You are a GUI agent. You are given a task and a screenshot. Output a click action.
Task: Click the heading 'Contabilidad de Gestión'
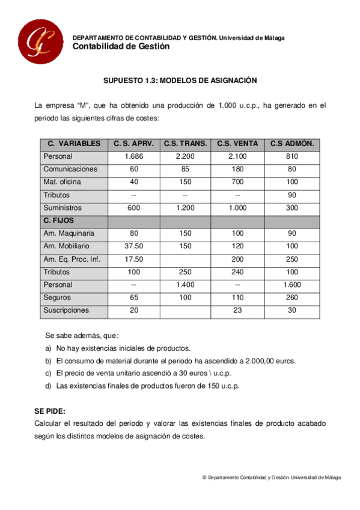click(121, 46)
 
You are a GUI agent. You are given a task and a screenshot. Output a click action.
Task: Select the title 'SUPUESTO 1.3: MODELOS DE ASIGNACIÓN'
click(180, 80)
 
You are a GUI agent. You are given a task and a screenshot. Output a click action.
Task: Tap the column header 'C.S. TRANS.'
click(185, 144)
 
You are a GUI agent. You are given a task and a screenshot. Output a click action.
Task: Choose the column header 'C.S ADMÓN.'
click(292, 144)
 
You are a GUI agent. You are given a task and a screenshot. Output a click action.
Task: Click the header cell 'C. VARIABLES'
click(74, 144)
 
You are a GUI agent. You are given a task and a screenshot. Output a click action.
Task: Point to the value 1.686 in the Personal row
click(133, 156)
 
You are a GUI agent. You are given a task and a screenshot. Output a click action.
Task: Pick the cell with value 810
click(292, 156)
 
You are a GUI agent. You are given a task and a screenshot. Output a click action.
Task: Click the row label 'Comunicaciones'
click(70, 169)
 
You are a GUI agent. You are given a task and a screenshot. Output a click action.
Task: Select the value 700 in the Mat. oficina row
click(237, 182)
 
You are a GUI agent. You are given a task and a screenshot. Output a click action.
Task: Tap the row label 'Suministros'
click(63, 207)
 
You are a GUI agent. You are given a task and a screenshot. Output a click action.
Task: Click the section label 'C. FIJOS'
click(58, 221)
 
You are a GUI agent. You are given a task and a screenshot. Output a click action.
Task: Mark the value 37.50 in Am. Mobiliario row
click(133, 246)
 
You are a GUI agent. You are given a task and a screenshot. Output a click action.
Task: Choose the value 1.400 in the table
click(185, 284)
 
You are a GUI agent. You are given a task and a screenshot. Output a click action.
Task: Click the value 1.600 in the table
click(292, 284)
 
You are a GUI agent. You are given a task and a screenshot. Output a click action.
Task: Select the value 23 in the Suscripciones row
click(237, 310)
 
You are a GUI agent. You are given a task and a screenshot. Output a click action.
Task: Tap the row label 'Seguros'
click(57, 297)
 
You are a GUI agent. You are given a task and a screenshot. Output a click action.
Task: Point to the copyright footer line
click(272, 478)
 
